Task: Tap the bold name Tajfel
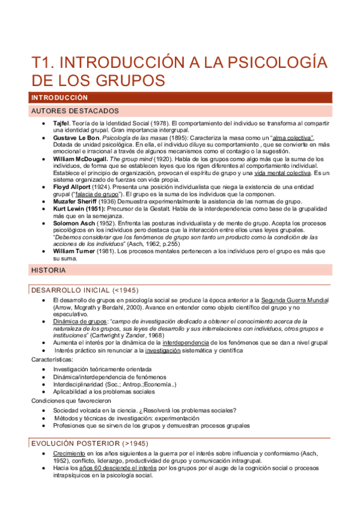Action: (x=63, y=123)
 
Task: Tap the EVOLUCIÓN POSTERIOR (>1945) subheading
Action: (x=89, y=443)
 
